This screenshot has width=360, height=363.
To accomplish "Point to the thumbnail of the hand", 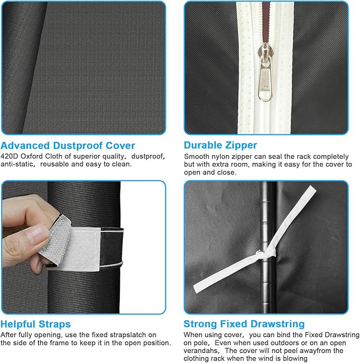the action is click(x=38, y=234).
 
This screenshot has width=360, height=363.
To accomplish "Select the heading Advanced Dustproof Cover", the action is click(x=68, y=145).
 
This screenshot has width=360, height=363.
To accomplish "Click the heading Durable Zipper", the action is click(x=221, y=145).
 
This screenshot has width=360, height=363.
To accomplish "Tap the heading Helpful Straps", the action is click(x=36, y=324).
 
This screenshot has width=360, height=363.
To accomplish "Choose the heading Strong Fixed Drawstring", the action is click(x=244, y=324).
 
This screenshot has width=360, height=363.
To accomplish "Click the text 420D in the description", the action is click(x=10, y=157).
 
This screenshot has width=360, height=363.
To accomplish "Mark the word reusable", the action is click(x=55, y=165).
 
